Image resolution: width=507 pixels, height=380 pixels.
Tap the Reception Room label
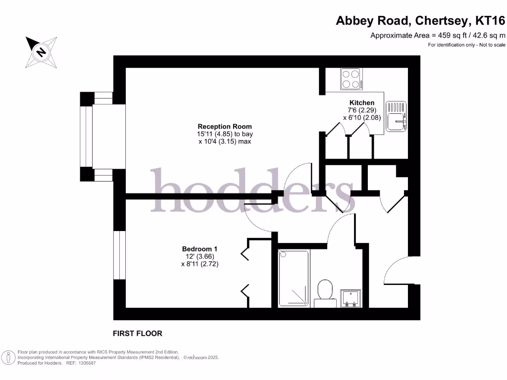(225, 126)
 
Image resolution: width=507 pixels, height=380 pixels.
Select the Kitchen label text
(361, 103)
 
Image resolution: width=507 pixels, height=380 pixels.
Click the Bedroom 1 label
(200, 249)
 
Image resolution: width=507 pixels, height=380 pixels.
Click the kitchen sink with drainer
(396, 116)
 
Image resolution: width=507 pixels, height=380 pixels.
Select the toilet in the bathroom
(325, 290)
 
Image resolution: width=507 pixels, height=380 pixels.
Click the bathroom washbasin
(351, 298)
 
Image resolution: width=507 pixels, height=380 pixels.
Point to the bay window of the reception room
(88, 137)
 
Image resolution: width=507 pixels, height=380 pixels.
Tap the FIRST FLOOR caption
(138, 333)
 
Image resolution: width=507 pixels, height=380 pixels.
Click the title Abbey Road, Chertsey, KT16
(420, 21)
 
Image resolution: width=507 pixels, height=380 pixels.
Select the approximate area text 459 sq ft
(438, 35)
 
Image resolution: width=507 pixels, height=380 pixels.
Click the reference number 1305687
(84, 363)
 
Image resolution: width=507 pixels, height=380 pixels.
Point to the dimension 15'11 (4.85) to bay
(225, 134)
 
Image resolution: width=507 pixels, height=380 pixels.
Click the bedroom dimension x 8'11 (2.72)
(200, 264)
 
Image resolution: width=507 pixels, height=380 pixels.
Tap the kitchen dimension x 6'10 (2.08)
(361, 118)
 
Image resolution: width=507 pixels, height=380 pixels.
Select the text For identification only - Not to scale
(467, 45)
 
